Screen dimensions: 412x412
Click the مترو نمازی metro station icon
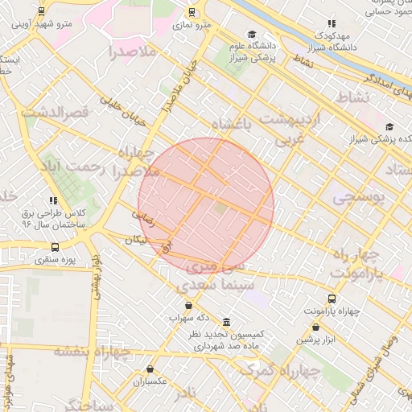point(192,12)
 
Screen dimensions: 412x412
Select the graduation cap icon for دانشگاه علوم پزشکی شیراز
point(252,35)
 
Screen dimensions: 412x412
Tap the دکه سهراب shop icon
point(188,305)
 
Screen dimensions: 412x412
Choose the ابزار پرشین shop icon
point(315,328)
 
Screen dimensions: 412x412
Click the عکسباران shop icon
point(160,369)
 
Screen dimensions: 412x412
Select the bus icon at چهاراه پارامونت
point(333,299)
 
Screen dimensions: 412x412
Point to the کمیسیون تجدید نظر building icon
point(227,322)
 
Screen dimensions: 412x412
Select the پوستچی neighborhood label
point(359,196)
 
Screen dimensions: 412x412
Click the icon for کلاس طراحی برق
point(53,200)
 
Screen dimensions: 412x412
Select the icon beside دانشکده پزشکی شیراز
point(389,126)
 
